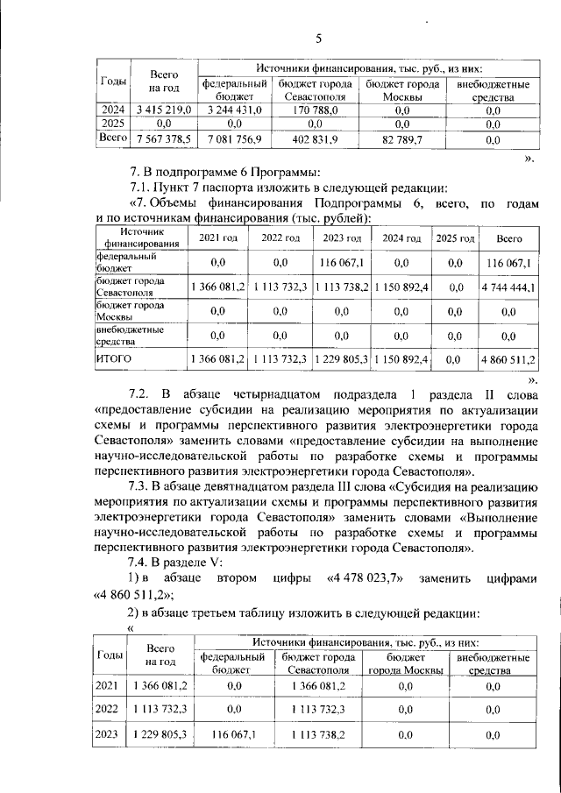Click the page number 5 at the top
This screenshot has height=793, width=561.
pos(318,38)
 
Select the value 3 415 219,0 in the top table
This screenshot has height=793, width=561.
pos(164,110)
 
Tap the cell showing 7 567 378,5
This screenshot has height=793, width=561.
pos(164,138)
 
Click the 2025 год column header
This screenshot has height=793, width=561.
pos(455,238)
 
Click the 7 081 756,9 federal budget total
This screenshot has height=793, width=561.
pos(233,138)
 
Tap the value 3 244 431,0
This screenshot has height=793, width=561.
pos(233,110)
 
